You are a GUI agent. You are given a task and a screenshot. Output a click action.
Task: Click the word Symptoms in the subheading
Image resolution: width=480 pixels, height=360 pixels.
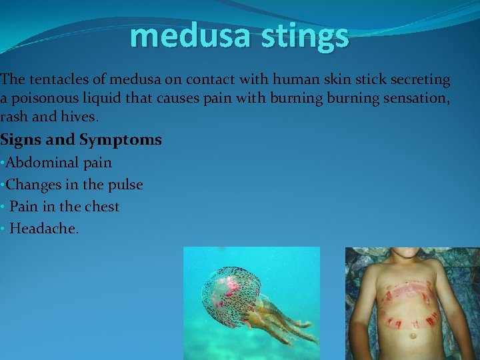click(x=121, y=140)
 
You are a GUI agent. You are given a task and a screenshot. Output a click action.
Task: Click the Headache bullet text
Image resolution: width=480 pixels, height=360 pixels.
click(x=44, y=229)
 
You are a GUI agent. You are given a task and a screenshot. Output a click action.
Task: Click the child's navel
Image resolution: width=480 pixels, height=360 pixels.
click(x=412, y=335)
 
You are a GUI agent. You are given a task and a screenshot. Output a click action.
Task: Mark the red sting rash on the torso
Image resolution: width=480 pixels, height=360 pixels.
click(x=408, y=293)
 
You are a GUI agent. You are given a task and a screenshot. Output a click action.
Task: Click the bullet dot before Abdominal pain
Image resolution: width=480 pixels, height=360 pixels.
click(x=3, y=163)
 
